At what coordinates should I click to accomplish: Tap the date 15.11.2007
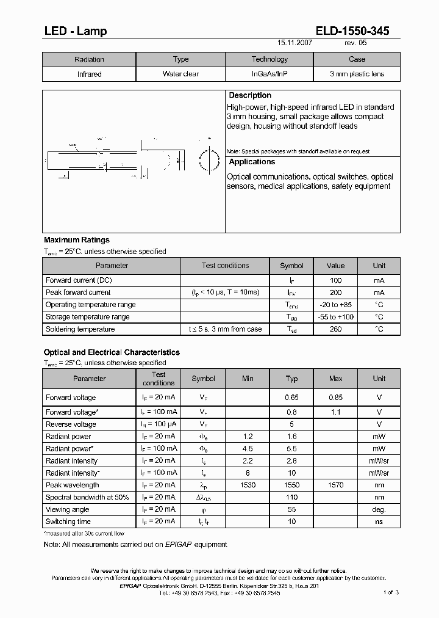coord(296,44)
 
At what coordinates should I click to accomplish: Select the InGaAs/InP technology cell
coord(269,74)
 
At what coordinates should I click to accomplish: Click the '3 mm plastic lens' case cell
coord(357,74)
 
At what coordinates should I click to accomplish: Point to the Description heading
coord(249,95)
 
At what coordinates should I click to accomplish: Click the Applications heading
coord(252,162)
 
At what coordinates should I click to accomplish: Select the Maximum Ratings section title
coord(77,240)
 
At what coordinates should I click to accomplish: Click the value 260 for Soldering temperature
coord(335,329)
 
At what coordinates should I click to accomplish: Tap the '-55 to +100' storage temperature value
coord(335,317)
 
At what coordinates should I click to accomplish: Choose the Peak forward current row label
coord(78,293)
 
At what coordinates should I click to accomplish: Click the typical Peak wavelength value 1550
coord(291,485)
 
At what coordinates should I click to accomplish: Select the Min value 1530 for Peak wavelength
coord(248,485)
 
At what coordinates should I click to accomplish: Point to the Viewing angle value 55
coord(291,509)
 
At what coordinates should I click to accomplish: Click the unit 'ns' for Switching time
coord(379,522)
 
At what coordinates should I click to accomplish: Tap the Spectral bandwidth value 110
coord(291,497)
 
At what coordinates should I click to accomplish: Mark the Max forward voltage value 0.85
coord(335,398)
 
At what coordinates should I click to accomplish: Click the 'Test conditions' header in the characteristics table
coord(159,379)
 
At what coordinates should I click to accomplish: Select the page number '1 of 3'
coord(391,592)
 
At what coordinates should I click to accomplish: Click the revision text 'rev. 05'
coord(356,44)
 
